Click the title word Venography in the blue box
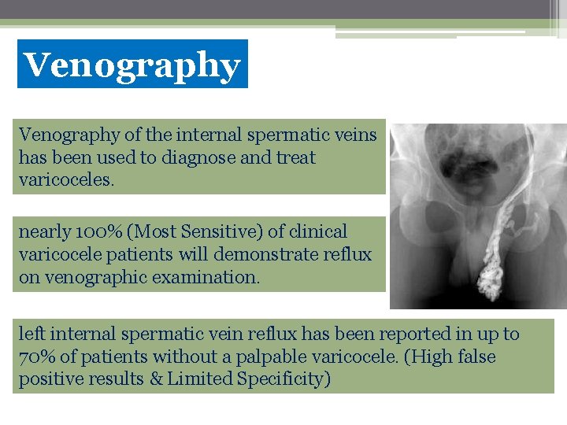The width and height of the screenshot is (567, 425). click(132, 65)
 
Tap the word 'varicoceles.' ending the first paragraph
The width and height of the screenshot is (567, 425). click(67, 180)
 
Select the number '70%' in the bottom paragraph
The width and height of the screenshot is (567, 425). click(35, 357)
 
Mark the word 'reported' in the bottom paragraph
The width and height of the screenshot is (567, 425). click(384, 334)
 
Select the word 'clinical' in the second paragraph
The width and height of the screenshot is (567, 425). click(317, 232)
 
